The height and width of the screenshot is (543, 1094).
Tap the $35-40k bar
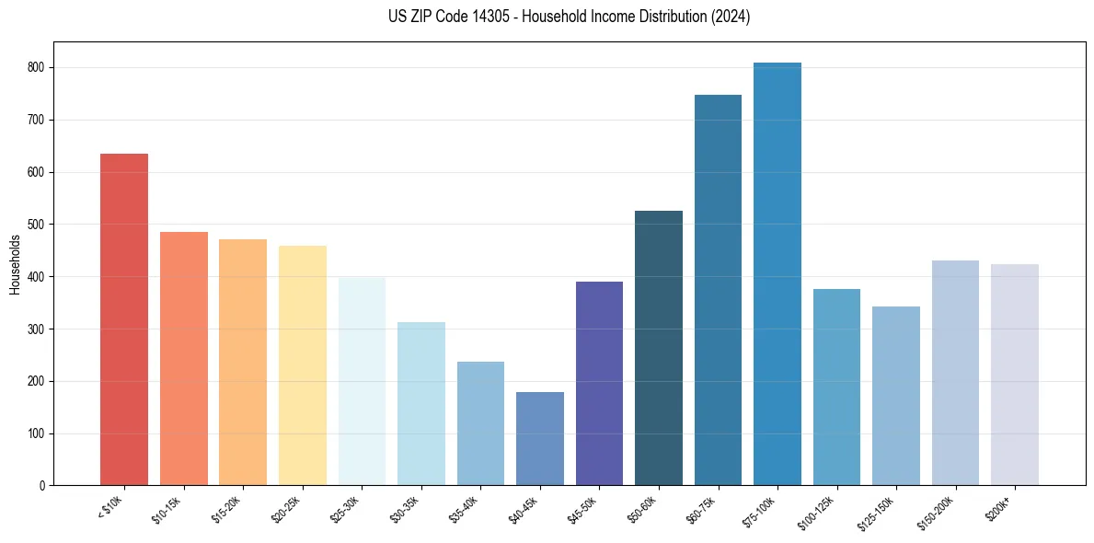(480, 423)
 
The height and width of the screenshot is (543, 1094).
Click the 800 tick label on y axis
(38, 68)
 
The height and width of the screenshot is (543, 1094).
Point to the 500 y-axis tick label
(38, 225)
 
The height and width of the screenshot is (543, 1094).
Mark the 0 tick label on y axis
(43, 486)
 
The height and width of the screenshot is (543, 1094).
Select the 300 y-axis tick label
(38, 329)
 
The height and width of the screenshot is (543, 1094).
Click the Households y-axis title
(15, 264)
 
